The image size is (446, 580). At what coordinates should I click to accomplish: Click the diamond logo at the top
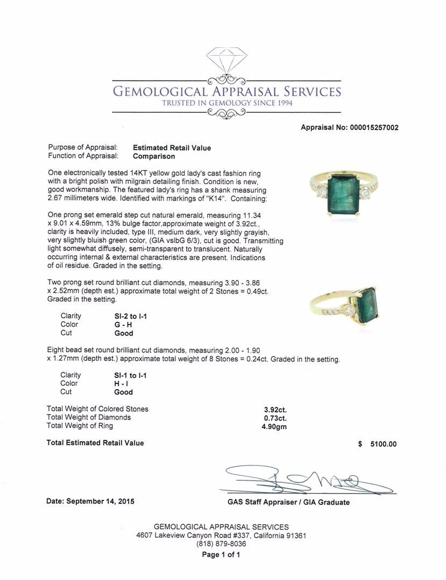pos(226,65)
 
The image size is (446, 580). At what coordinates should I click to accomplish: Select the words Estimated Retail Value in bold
pos(172,148)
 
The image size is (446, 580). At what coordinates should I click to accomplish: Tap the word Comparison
pos(154,157)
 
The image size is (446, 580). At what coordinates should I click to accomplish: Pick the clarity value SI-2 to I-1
pos(127,316)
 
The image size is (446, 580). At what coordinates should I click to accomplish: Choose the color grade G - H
pos(117,324)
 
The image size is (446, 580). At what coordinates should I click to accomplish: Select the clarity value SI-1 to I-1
pos(127,375)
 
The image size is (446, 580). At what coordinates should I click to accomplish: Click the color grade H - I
pos(115,383)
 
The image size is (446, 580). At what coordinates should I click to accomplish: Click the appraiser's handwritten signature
pos(307,479)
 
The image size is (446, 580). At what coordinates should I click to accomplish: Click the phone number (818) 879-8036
pos(221,544)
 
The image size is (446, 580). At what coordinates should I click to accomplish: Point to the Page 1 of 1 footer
pos(221,555)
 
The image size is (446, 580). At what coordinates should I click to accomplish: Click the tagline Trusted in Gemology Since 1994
pos(226,103)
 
